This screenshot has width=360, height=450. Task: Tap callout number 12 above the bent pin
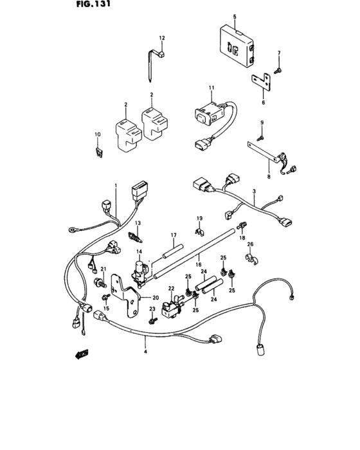(x=162, y=39)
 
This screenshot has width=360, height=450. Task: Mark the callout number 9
(x=262, y=122)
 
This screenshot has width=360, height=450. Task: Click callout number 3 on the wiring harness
(x=255, y=192)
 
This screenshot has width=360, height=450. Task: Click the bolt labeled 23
(x=153, y=320)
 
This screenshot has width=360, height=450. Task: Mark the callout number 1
(x=116, y=186)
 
